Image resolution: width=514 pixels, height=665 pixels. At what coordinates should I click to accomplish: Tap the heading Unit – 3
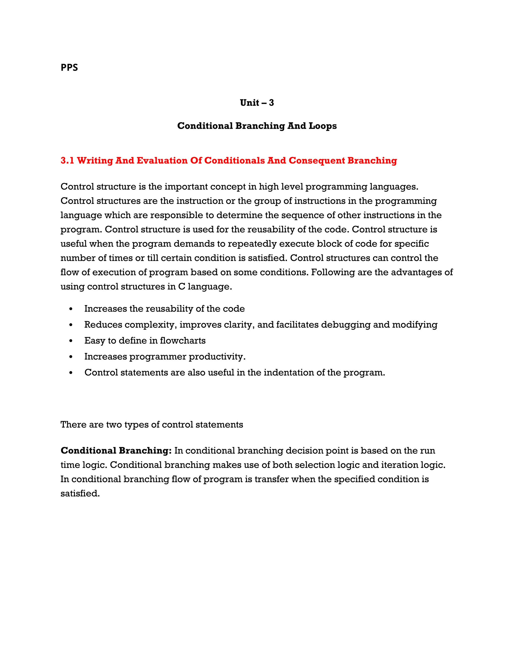[257, 103]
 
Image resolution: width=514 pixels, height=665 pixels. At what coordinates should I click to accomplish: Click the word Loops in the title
[323, 126]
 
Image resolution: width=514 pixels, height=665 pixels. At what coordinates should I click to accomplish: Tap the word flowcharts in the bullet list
[182, 341]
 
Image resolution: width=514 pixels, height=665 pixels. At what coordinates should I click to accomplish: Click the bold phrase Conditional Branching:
[116, 451]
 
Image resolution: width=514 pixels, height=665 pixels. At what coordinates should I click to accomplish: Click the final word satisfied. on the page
[80, 493]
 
